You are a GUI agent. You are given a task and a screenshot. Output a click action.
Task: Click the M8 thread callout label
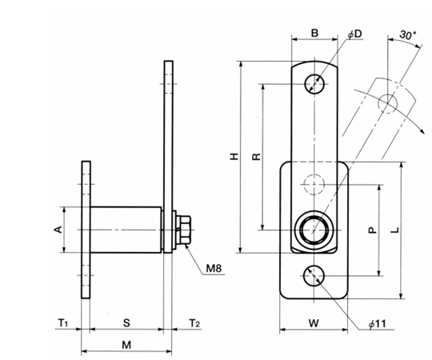(214, 268)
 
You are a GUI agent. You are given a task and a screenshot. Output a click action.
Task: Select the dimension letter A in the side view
(58, 229)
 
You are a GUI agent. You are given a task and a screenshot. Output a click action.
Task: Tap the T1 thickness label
(63, 322)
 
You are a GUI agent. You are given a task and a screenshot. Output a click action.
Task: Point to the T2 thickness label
(194, 322)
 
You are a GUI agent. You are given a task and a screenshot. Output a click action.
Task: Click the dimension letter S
(126, 323)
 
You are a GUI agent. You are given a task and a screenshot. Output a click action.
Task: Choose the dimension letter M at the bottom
(126, 345)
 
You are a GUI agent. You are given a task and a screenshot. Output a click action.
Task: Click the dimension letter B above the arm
(314, 33)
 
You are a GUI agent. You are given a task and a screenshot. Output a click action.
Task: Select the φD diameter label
(354, 34)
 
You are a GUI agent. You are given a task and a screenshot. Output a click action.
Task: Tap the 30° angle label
(408, 35)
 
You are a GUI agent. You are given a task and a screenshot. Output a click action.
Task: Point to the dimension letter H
(234, 157)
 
